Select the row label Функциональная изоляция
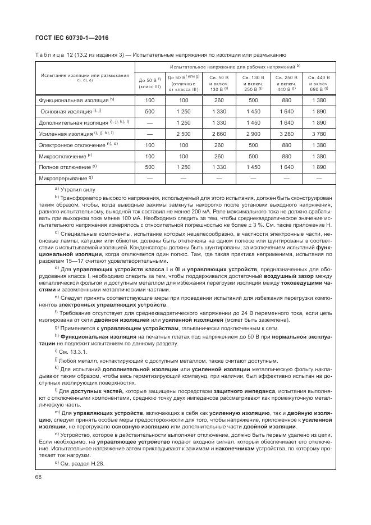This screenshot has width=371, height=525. coord(73,100)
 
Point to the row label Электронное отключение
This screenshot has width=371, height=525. coord(74,145)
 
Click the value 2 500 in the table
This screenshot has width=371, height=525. coord(183,134)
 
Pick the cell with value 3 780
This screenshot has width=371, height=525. coord(319,134)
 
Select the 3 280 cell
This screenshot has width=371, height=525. coord(286,134)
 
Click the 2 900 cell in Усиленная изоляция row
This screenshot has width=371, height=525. coord(253,134)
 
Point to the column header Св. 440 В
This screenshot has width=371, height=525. coord(319,77)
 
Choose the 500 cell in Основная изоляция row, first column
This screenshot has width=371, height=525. coord(149,111)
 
